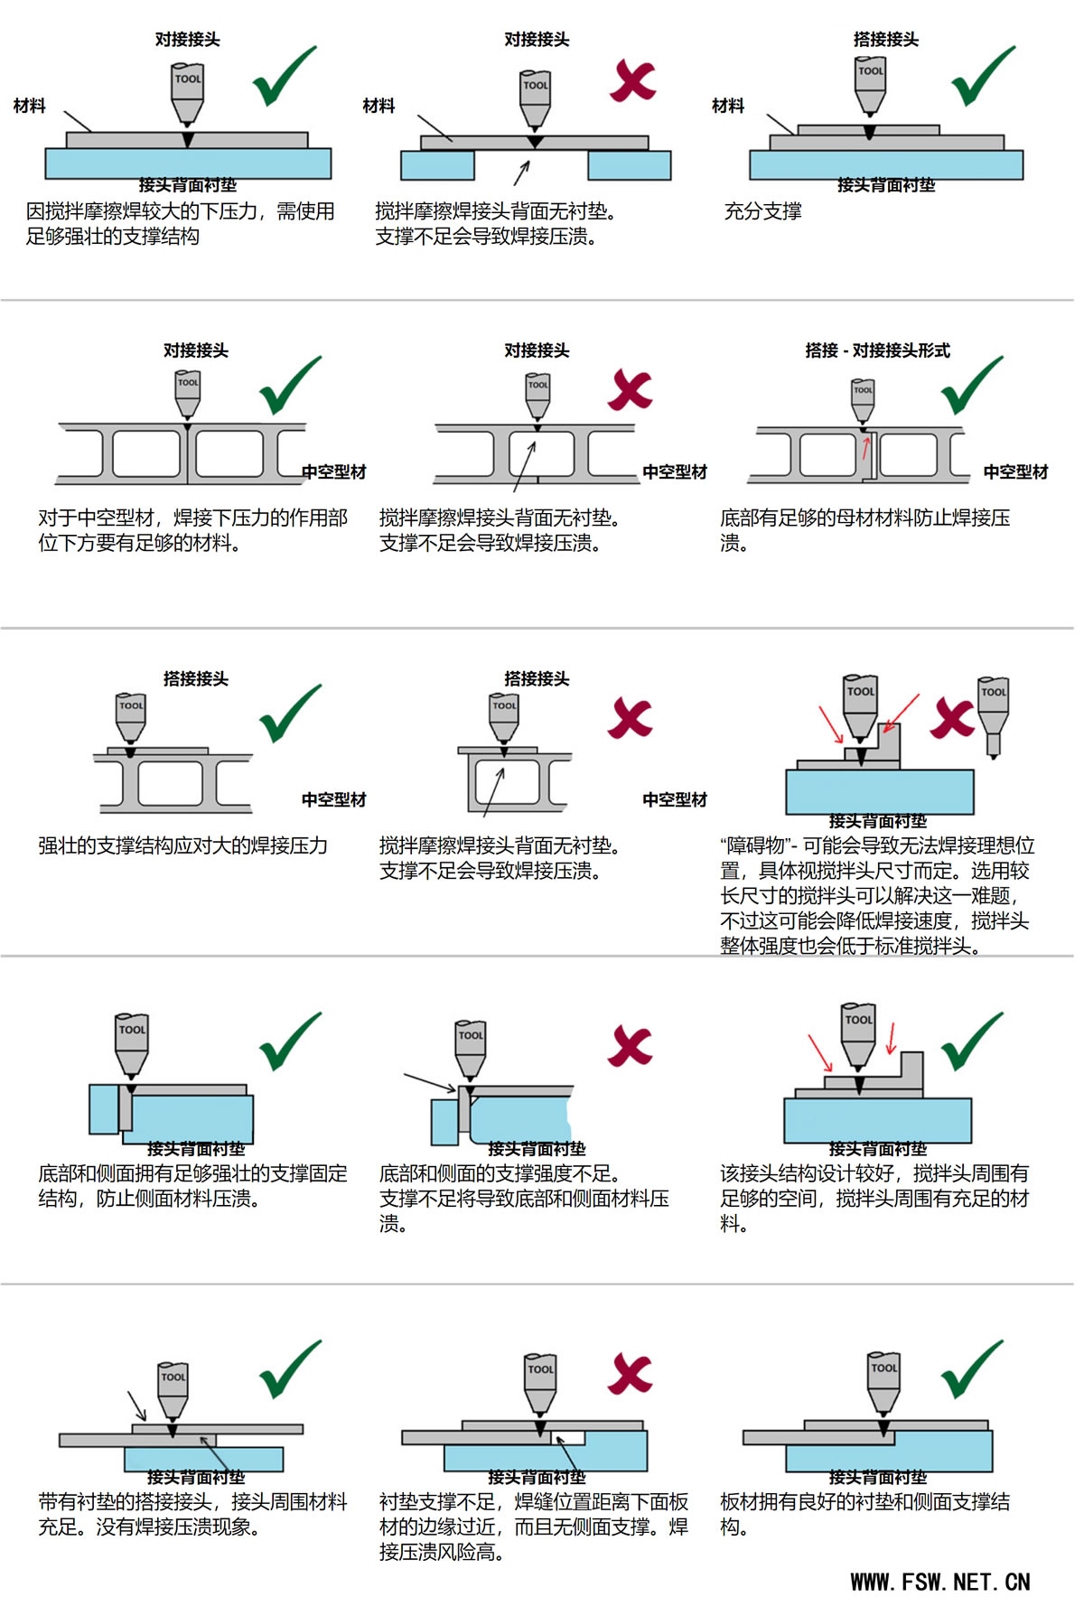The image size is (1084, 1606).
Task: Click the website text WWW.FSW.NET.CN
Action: [939, 1582]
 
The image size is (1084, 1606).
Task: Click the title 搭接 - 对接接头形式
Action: [877, 350]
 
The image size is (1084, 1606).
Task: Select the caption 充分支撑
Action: [763, 211]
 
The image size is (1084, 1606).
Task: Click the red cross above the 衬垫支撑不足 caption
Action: [631, 1374]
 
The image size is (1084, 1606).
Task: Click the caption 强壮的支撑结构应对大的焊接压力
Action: [183, 845]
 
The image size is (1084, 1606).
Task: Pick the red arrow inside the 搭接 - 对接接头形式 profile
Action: [867, 447]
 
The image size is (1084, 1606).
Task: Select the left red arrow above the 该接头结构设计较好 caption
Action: [820, 1053]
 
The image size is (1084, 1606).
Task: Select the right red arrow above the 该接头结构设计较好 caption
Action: [892, 1038]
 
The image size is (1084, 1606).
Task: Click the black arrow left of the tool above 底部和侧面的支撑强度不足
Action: [430, 1082]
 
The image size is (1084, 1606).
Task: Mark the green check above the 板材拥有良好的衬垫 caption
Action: [972, 1369]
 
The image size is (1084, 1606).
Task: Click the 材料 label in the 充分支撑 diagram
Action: [728, 106]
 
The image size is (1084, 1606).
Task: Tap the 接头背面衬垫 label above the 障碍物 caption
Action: [878, 820]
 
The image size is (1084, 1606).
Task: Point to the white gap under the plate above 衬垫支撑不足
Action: [569, 1438]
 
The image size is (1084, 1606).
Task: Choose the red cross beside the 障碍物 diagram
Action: [952, 718]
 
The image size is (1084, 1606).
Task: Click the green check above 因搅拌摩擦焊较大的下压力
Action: [285, 76]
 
